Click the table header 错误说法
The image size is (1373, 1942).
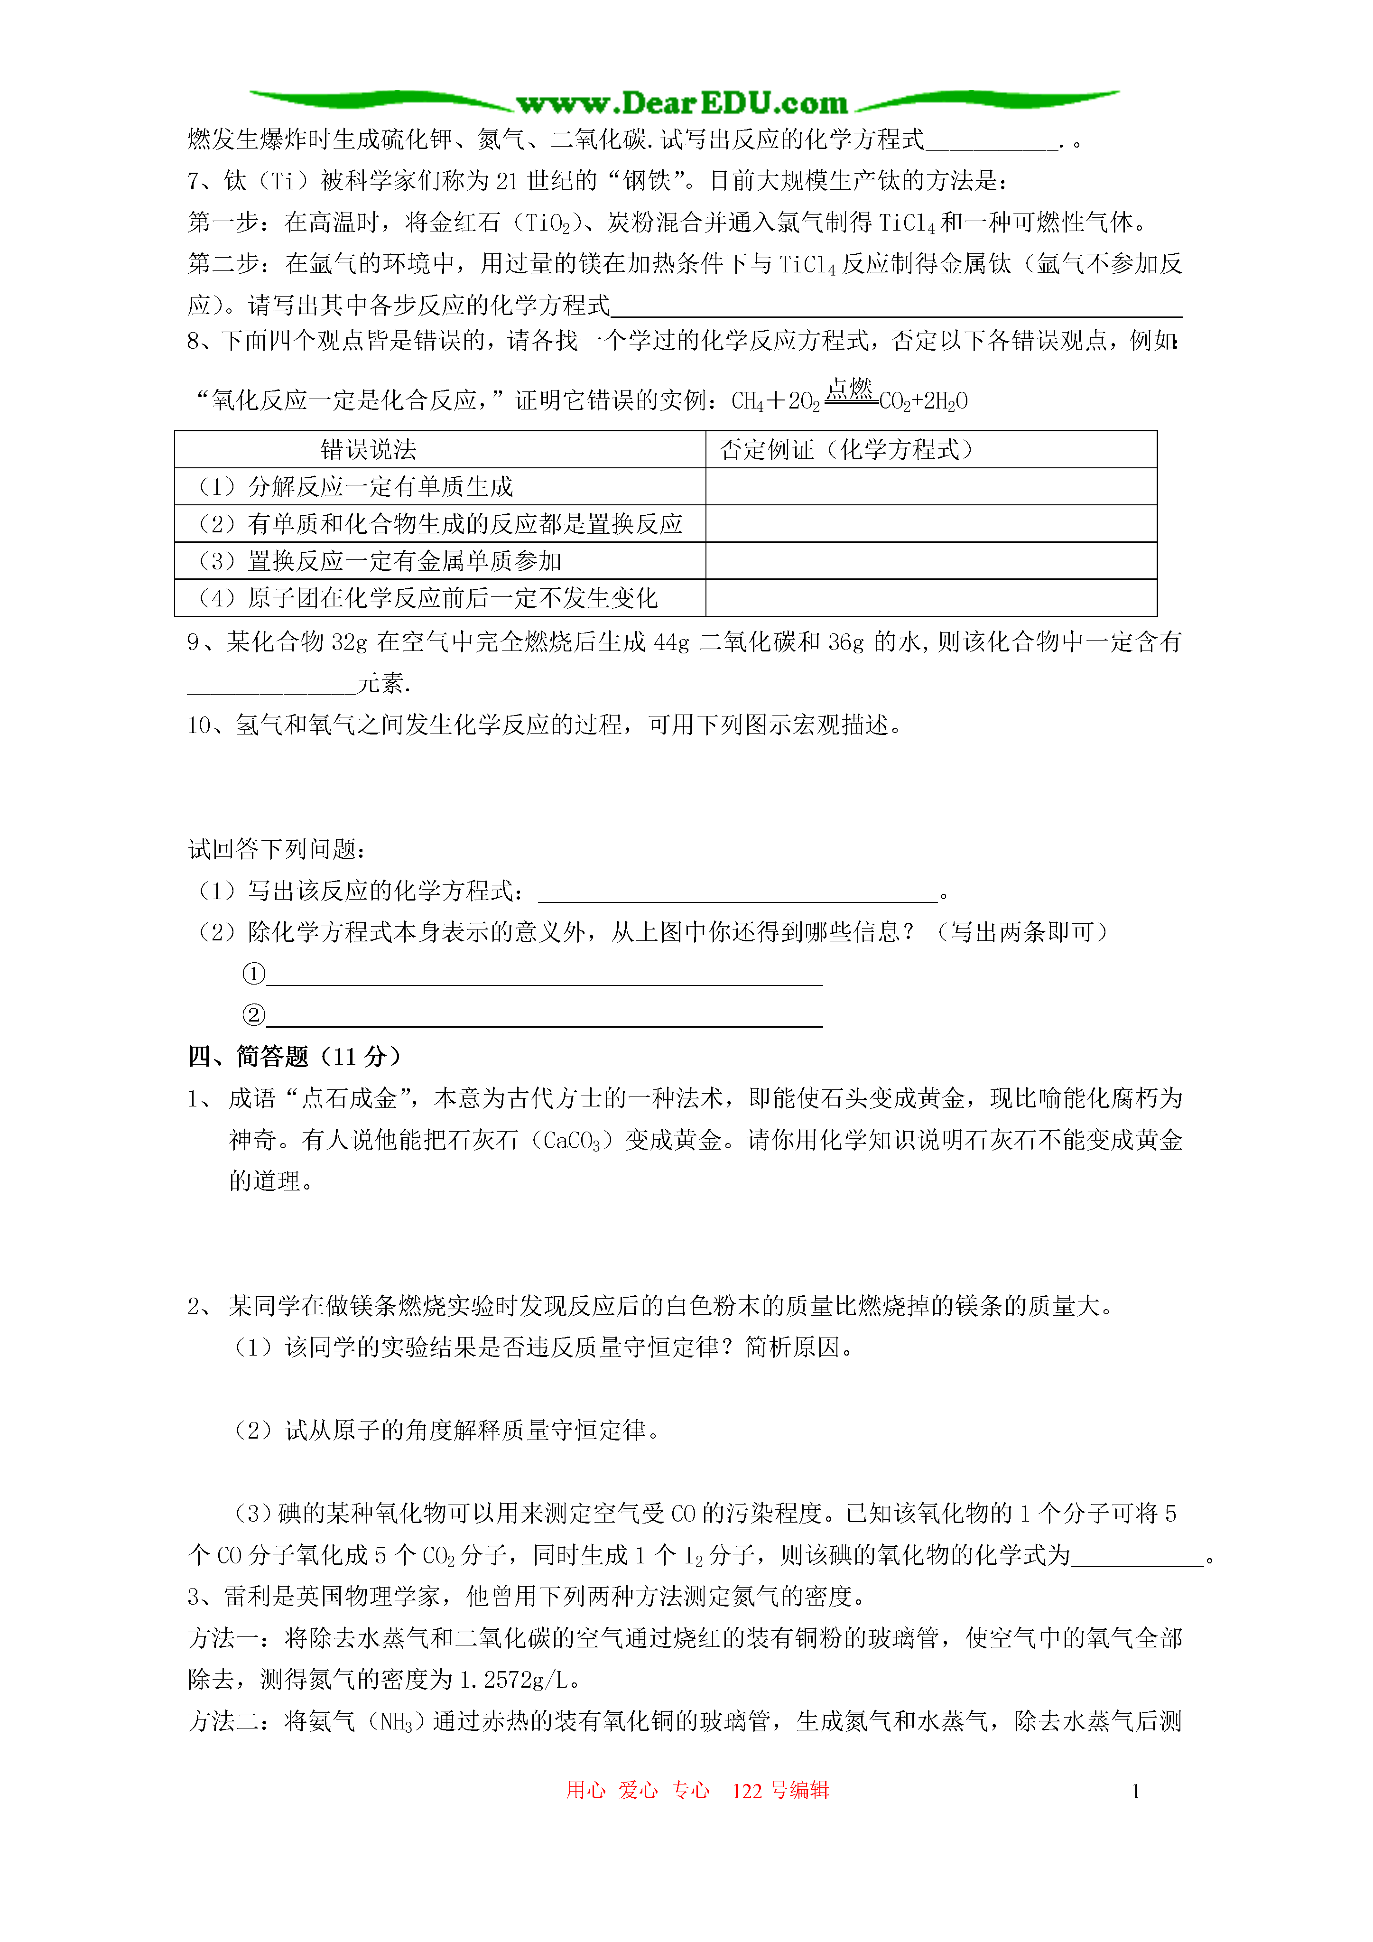pos(368,450)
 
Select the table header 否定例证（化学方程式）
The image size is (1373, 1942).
pos(846,450)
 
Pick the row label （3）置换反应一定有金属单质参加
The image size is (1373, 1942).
pos(380,561)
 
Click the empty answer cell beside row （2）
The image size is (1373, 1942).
pos(930,523)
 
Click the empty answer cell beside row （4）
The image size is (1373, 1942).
pos(930,598)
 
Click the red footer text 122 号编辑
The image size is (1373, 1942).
pos(780,1790)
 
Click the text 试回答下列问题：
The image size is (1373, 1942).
pos(277,849)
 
